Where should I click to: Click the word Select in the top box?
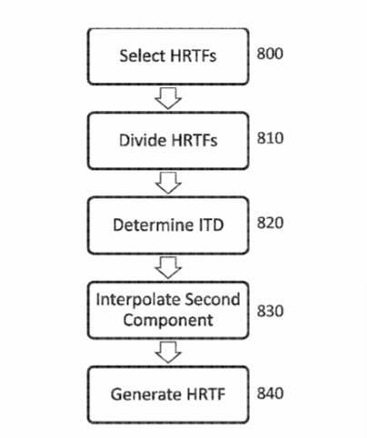143,55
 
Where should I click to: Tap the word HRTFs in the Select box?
193,55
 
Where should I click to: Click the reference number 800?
270,54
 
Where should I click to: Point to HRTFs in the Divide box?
194,140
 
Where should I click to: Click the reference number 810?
270,138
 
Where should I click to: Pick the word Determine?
153,224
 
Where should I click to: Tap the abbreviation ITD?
211,224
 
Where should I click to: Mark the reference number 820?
270,223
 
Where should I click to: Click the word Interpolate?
138,300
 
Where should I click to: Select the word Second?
213,300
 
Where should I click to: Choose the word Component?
168,321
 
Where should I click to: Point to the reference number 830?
270,311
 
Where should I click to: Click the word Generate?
146,394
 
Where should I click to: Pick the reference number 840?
270,393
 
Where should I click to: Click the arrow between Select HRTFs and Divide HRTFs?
168,98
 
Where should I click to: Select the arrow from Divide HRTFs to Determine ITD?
168,183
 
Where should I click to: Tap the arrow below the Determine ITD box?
168,268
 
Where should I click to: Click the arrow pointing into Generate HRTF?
168,353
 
